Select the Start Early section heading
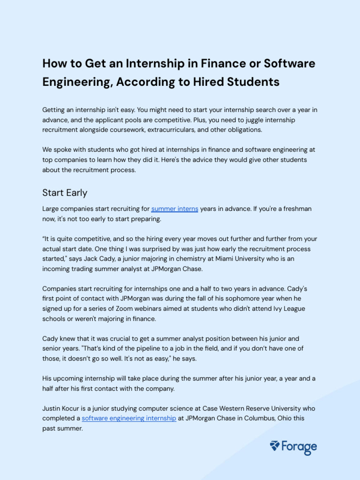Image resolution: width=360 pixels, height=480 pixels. point(65,193)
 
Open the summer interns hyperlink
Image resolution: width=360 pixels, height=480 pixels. point(174,209)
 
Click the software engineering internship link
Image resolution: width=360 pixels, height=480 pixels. point(129,418)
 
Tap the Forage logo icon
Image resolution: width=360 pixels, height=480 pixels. point(275,446)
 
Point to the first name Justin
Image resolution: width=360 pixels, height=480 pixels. point(52,408)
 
